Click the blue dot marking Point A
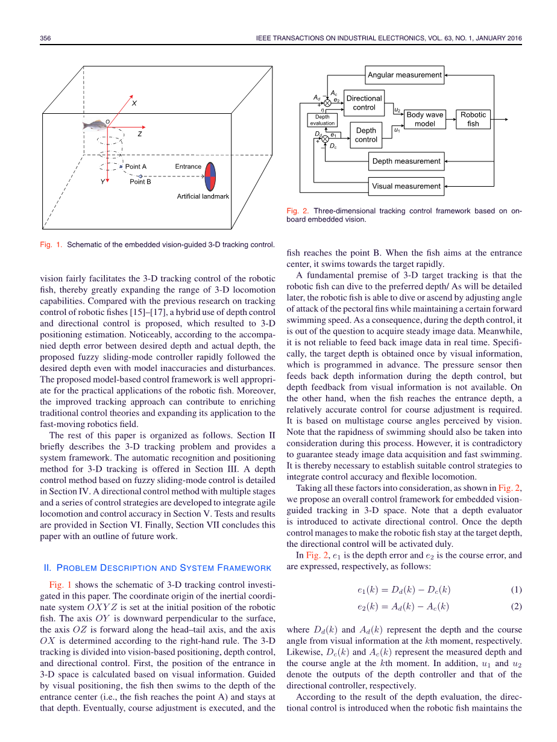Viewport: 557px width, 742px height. [x=121, y=166]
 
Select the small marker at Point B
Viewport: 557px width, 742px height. [x=140, y=176]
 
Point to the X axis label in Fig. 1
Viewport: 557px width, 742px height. [x=134, y=104]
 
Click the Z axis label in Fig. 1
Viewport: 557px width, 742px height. [x=139, y=134]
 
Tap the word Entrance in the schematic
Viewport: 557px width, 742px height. [x=188, y=166]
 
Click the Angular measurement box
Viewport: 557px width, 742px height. [x=405, y=75]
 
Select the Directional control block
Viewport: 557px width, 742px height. [x=364, y=103]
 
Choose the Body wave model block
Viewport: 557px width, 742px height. [x=424, y=119]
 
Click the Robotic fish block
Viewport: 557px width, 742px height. [x=473, y=119]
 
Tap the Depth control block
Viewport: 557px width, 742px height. [x=366, y=135]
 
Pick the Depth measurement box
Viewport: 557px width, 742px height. [x=406, y=161]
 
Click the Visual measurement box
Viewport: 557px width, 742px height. [x=406, y=186]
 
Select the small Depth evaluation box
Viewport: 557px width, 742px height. [x=323, y=120]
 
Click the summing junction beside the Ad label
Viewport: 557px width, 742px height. [x=327, y=104]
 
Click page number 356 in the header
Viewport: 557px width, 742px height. [x=46, y=39]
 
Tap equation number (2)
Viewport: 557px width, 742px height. [x=516, y=606]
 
